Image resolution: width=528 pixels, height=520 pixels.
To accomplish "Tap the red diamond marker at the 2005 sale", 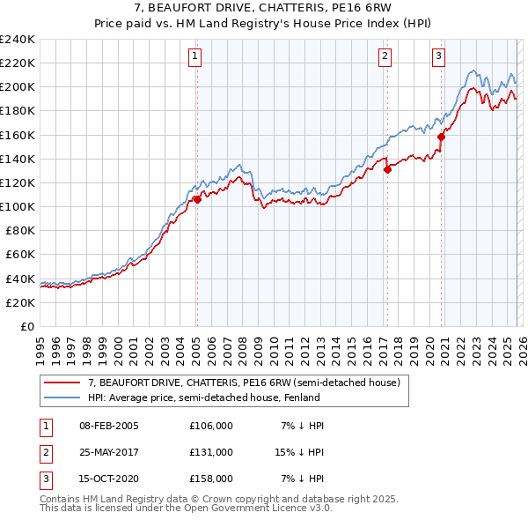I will pos(197,199).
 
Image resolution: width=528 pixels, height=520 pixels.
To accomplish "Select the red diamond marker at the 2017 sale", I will pos(387,170).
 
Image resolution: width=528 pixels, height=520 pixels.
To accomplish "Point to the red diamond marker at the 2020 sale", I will pos(441,137).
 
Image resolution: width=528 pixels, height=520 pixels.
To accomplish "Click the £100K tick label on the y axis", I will pos(18,206).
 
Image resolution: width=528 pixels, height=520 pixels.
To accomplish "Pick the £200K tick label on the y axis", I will pos(18,86).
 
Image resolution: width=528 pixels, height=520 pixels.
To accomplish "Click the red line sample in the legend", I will pos(63,383).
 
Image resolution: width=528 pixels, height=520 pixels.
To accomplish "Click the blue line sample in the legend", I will pos(63,397).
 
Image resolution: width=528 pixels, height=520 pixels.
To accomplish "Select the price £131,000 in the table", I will pos(210,451).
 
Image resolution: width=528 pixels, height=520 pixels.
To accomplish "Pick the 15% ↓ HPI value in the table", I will pos(299,451).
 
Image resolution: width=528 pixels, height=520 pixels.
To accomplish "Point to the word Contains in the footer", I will pos(62,499).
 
